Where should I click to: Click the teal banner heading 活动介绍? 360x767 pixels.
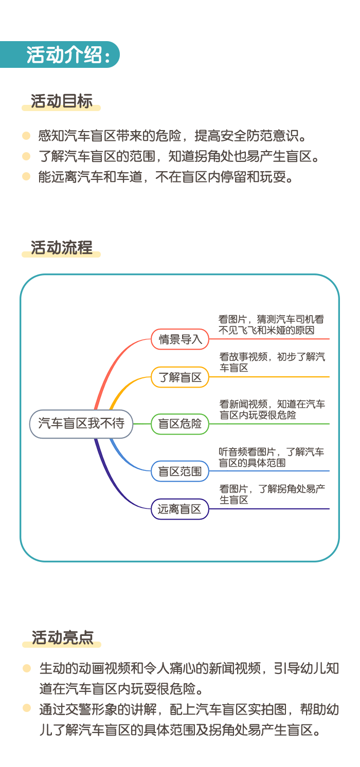click(68, 55)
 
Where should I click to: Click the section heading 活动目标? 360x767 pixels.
click(62, 101)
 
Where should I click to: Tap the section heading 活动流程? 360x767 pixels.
click(62, 248)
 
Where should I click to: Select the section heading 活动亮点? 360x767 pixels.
click(62, 638)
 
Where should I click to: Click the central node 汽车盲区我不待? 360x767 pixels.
click(81, 424)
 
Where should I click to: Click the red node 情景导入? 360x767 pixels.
click(180, 339)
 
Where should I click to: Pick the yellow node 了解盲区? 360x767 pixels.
click(180, 377)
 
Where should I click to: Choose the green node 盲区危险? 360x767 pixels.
click(180, 424)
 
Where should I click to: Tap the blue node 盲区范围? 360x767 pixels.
click(180, 471)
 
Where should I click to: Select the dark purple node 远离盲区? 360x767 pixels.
click(180, 509)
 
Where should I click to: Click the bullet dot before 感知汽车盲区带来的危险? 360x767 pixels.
click(26, 136)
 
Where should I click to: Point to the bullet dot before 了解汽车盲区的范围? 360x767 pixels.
click(26, 156)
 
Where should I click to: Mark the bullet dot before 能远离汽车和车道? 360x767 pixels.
click(26, 176)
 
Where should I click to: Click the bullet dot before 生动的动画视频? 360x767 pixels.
click(27, 668)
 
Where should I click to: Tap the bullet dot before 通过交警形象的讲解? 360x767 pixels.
click(27, 708)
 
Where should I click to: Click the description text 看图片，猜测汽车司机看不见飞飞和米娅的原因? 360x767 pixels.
click(271, 324)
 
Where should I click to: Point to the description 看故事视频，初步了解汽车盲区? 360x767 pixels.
click(272, 362)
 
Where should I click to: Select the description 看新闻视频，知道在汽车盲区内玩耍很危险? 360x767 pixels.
click(272, 410)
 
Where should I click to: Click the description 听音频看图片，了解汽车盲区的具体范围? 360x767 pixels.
click(271, 457)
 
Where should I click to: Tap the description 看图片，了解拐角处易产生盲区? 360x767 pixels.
click(272, 494)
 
